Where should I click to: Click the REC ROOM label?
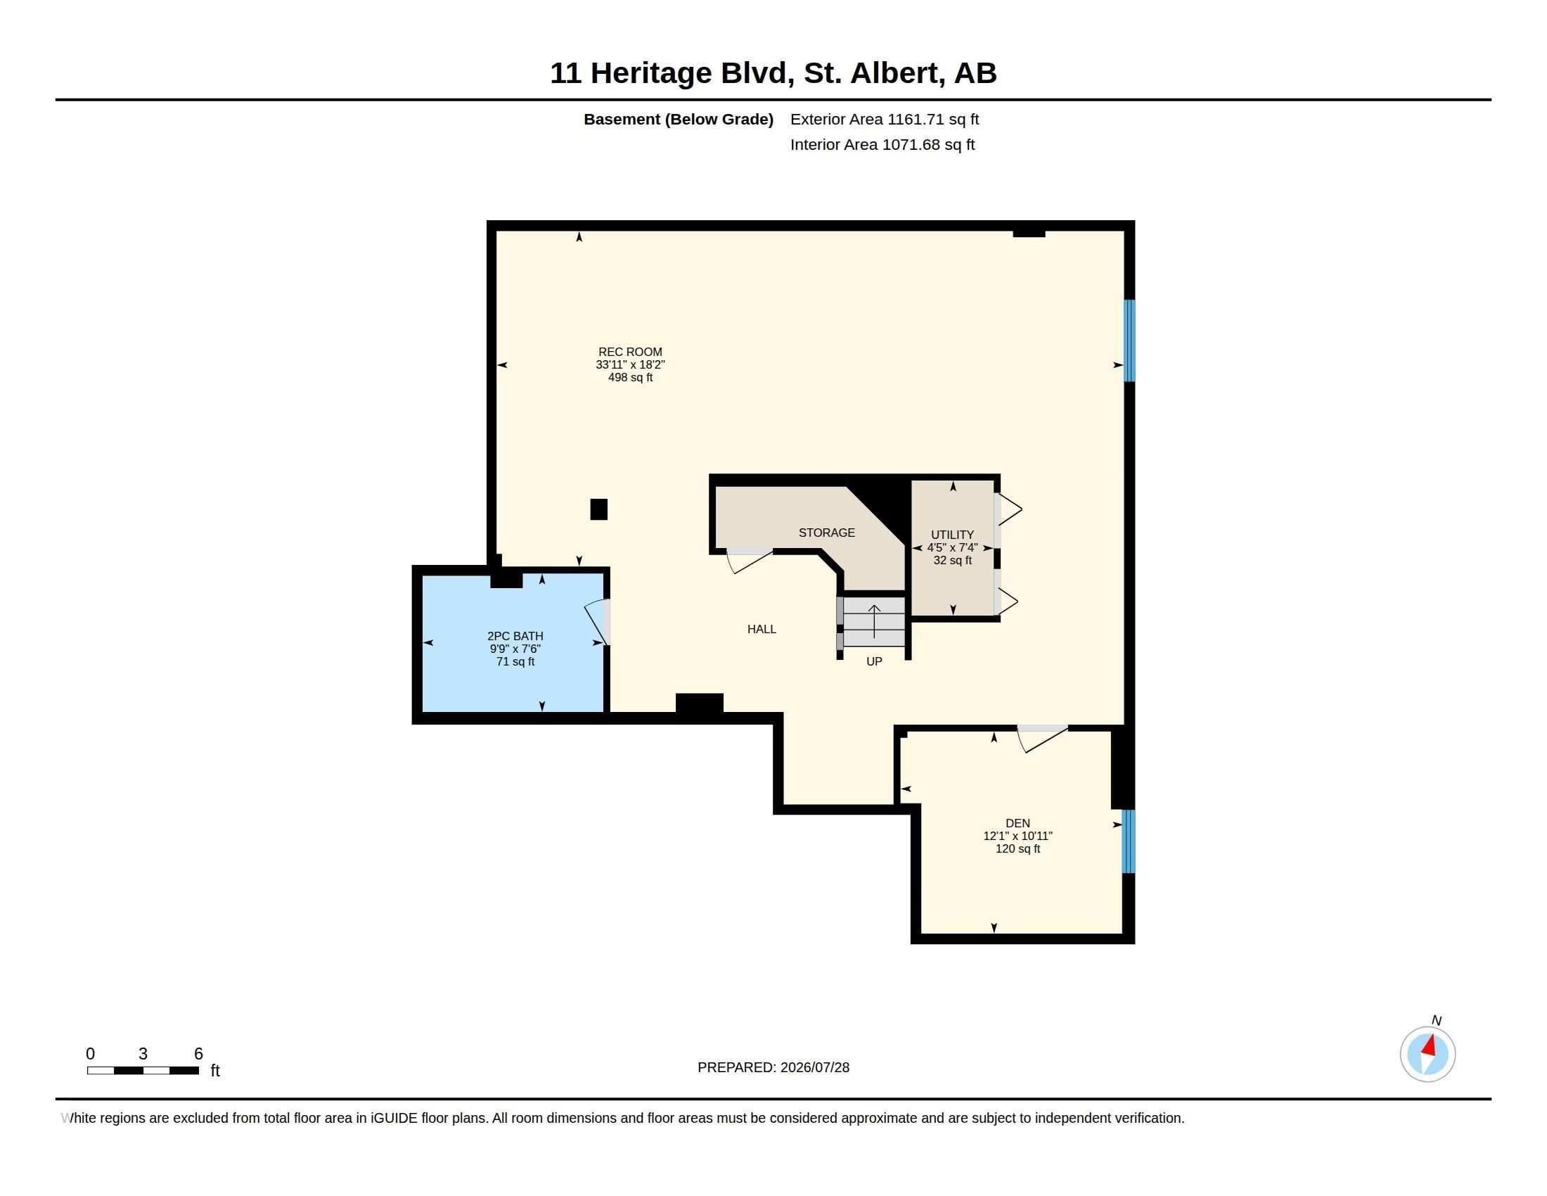630,352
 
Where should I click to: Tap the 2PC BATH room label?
515,636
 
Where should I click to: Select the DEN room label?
1018,823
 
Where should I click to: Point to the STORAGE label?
827,533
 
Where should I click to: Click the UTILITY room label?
952,535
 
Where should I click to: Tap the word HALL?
762,629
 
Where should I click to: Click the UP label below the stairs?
874,662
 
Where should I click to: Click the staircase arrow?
874,621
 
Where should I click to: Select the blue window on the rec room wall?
1129,341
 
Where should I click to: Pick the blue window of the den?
1129,841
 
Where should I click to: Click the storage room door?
750,561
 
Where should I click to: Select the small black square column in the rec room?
598,509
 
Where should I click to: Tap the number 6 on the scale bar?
198,1054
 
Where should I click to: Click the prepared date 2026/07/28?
814,1068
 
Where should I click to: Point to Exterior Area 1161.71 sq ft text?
885,120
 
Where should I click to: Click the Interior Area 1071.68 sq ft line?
882,144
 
